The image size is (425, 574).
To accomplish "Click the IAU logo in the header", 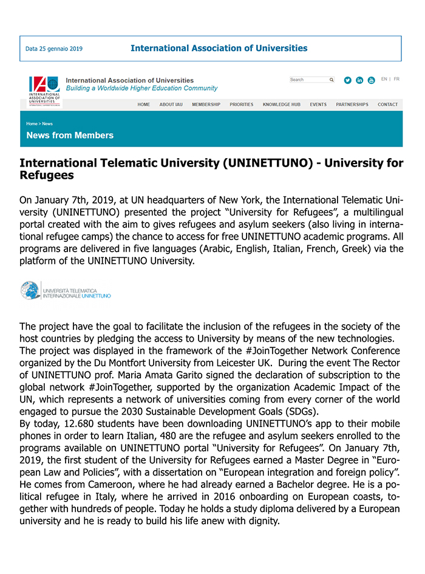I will [x=45, y=91].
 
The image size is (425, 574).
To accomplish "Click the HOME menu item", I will [x=143, y=105].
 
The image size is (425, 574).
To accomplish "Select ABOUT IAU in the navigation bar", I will [x=171, y=105].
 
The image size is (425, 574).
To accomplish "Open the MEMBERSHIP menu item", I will [x=206, y=105].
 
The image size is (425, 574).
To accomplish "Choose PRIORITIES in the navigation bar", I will [x=241, y=105].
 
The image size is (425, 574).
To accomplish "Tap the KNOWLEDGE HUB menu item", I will [x=281, y=105].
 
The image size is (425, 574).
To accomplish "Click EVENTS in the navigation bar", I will [x=318, y=105].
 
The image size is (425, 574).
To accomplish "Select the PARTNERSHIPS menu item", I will [x=352, y=105].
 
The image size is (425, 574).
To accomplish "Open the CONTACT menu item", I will [x=387, y=105].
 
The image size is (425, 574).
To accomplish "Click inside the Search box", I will [x=308, y=80].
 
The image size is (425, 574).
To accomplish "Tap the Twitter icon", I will [x=348, y=80].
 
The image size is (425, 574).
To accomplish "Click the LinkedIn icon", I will [x=359, y=80].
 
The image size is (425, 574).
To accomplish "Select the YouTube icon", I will [x=371, y=80].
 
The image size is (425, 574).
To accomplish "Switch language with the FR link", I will [x=396, y=79].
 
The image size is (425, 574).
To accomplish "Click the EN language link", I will [x=384, y=79].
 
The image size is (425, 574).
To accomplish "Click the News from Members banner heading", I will [x=70, y=135].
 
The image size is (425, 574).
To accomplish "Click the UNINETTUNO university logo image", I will [x=66, y=290].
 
